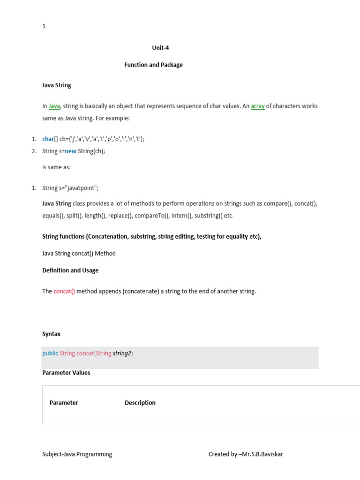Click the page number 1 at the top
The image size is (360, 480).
point(44,26)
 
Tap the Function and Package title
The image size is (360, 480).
point(153,65)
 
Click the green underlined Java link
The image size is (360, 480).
point(54,106)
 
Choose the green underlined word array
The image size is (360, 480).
point(258,106)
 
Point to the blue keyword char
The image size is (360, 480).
point(48,139)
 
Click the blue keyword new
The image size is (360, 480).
point(70,151)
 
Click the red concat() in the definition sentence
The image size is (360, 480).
point(64,292)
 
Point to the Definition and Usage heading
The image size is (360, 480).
point(70,270)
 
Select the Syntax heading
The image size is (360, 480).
point(51,334)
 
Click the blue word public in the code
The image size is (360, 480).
point(50,353)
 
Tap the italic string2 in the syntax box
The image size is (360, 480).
point(122,353)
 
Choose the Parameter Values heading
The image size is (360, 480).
point(66,373)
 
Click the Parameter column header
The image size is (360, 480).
point(64,403)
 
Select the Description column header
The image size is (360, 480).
point(140,403)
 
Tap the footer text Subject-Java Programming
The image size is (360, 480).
point(77,454)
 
